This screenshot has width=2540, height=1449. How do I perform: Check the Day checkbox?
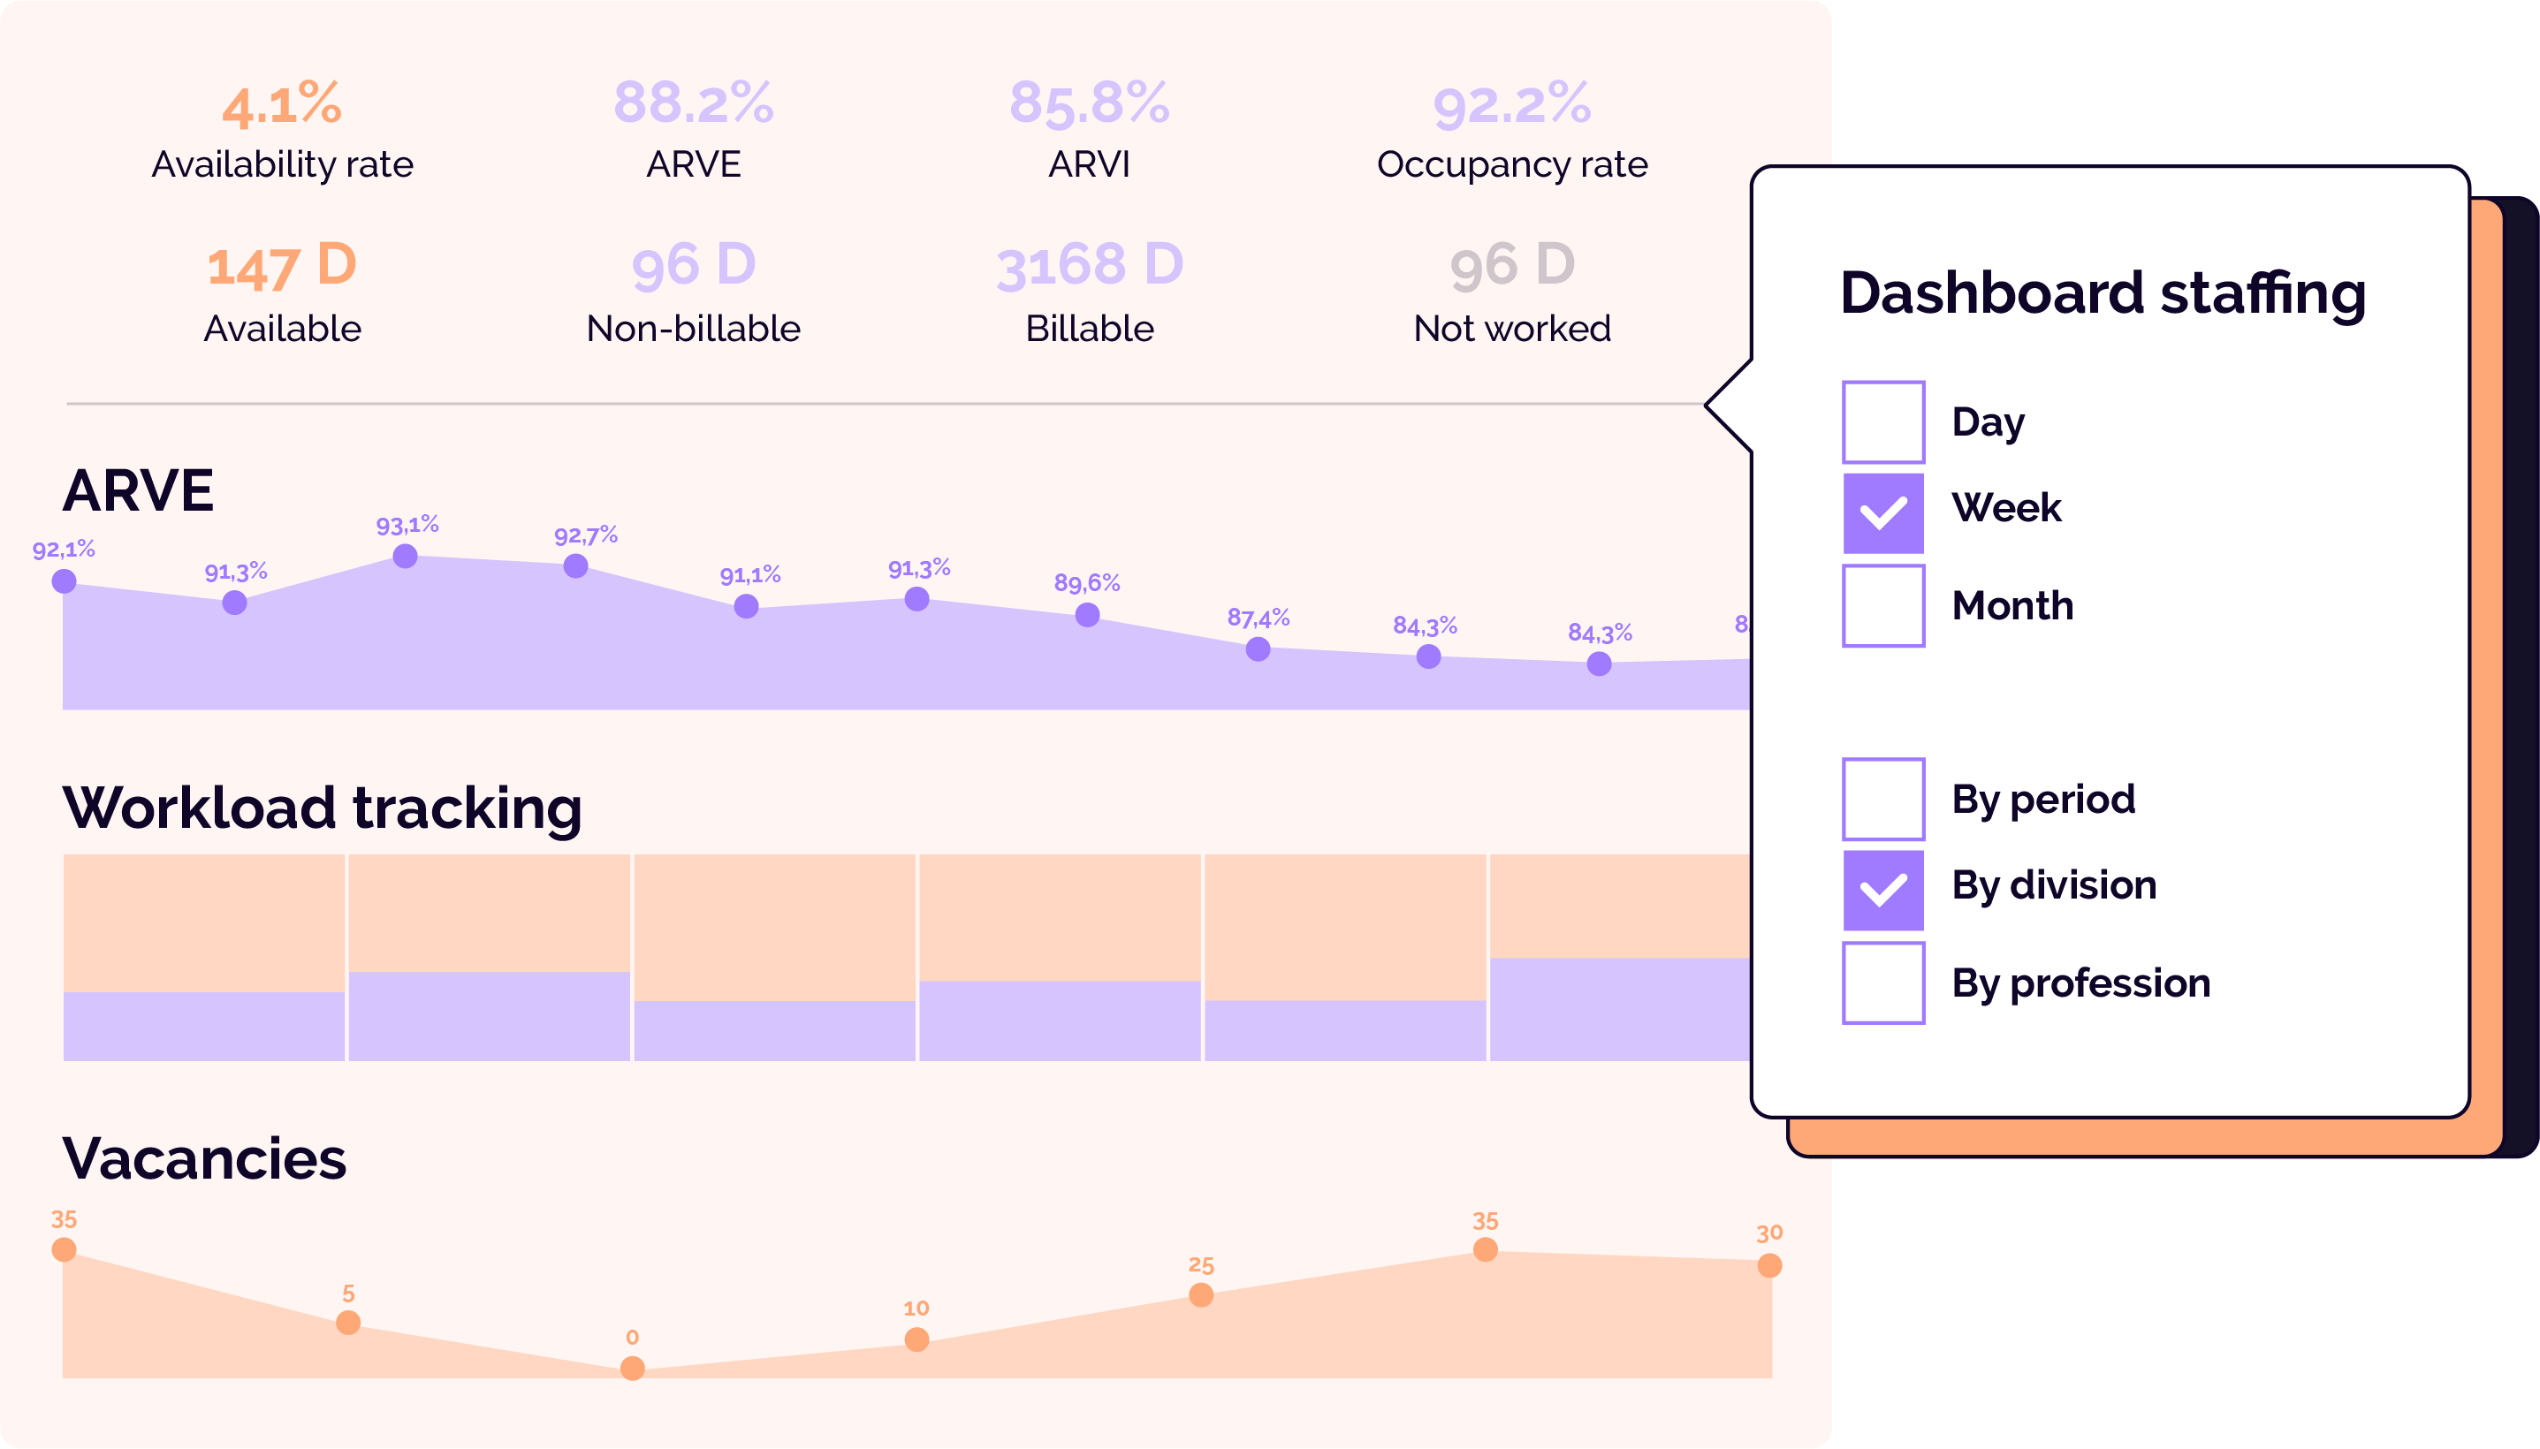pyautogui.click(x=1882, y=422)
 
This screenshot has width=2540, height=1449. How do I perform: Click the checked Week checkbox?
pyautogui.click(x=1882, y=512)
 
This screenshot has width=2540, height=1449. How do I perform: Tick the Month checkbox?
pyautogui.click(x=1882, y=605)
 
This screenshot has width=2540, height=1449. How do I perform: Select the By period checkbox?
pyautogui.click(x=1882, y=799)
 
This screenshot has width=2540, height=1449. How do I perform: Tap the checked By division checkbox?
pyautogui.click(x=1882, y=890)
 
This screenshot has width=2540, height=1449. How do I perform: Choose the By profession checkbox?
pyautogui.click(x=1882, y=982)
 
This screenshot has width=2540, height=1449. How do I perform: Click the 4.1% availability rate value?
pyautogui.click(x=282, y=104)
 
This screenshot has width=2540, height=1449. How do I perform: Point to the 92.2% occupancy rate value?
pyautogui.click(x=1511, y=104)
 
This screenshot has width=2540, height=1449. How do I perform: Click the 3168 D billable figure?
pyautogui.click(x=1089, y=266)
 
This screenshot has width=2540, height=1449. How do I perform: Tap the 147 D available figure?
pyautogui.click(x=282, y=266)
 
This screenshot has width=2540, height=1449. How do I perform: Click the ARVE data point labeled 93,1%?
pyautogui.click(x=405, y=557)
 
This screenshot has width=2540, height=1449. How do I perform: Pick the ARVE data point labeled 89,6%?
pyautogui.click(x=1088, y=615)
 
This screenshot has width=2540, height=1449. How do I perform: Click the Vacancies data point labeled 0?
pyautogui.click(x=632, y=1369)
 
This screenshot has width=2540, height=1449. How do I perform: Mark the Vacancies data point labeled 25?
pyautogui.click(x=1201, y=1294)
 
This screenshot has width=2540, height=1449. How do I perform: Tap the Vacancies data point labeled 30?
pyautogui.click(x=1769, y=1266)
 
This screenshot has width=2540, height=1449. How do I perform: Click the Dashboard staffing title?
pyautogui.click(x=2102, y=293)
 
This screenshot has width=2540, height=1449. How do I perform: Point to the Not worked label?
pyautogui.click(x=1511, y=329)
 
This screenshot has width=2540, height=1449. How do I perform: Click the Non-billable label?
pyautogui.click(x=693, y=329)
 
